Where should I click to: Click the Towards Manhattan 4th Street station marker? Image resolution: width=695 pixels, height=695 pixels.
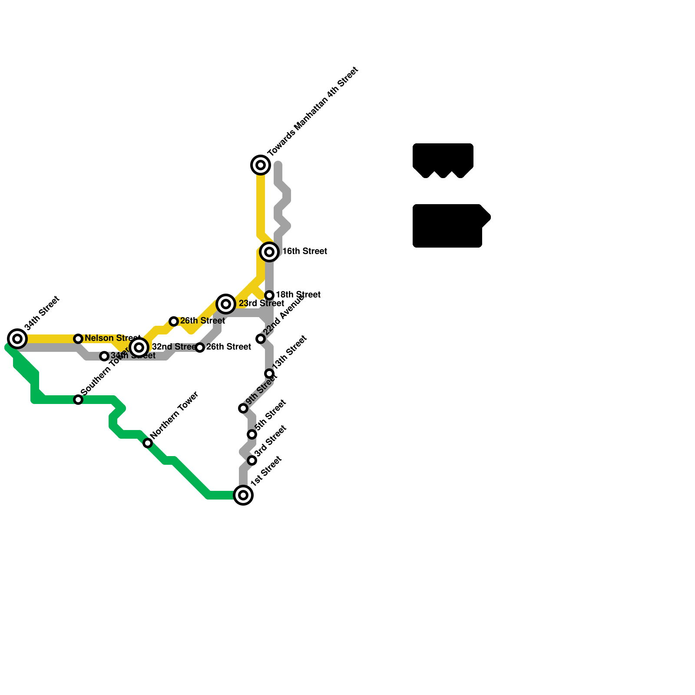click(x=261, y=165)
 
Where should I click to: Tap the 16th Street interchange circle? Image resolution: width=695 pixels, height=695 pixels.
click(x=269, y=252)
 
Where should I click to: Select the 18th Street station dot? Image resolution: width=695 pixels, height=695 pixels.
click(x=269, y=295)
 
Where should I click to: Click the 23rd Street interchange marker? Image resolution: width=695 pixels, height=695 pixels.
click(x=226, y=304)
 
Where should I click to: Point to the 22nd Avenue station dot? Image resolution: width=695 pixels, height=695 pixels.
click(x=261, y=339)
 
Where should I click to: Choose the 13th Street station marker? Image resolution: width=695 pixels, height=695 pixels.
click(x=269, y=374)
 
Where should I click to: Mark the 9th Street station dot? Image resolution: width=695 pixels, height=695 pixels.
click(x=243, y=408)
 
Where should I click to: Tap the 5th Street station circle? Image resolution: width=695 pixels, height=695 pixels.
click(x=252, y=434)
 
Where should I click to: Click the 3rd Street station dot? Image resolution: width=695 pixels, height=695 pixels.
click(x=252, y=460)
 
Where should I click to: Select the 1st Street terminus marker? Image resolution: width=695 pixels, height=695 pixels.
click(x=243, y=495)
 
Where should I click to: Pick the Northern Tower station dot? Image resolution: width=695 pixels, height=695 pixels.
click(x=148, y=443)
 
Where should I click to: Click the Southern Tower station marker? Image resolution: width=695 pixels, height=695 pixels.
click(x=78, y=400)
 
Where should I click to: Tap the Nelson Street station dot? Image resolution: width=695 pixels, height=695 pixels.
click(x=78, y=339)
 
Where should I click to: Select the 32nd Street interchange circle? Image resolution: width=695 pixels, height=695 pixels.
click(x=139, y=347)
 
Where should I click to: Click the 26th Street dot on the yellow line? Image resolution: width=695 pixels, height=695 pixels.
click(x=174, y=321)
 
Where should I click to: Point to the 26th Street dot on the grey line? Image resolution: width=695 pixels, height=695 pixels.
click(x=200, y=347)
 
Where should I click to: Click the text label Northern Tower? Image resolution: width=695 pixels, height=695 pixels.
click(x=175, y=414)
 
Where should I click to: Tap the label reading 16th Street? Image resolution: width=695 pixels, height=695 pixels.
click(x=304, y=252)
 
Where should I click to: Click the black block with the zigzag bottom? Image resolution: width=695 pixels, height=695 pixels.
click(x=443, y=159)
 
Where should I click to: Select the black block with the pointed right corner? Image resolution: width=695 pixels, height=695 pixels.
click(x=450, y=226)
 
